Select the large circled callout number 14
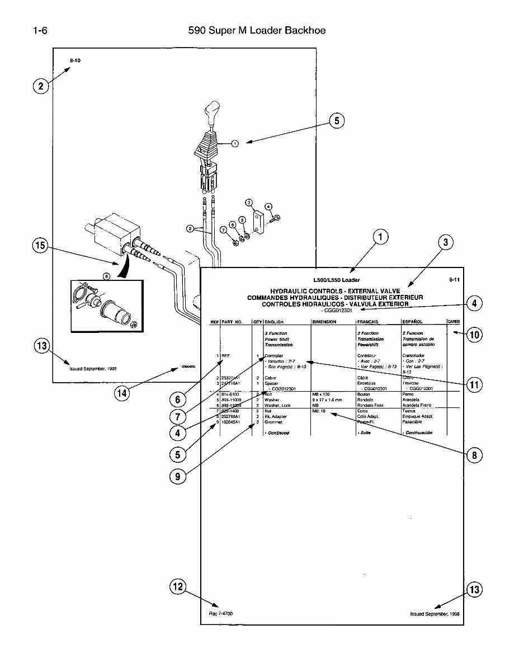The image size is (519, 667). point(122,393)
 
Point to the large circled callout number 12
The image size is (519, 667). point(178,586)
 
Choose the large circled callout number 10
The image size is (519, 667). point(474,335)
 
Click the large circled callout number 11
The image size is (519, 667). point(474,384)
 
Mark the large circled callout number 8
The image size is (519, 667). point(474,455)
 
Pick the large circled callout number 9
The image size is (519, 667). point(178,476)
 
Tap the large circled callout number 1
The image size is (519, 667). point(380,237)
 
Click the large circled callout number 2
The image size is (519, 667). point(40,86)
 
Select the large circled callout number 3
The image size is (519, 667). point(445,242)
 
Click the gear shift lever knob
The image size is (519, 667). point(214,111)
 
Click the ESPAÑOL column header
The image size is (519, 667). point(413,322)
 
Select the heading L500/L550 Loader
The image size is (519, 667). point(336,280)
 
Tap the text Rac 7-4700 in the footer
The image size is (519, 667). point(217,614)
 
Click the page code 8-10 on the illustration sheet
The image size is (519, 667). point(75,60)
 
